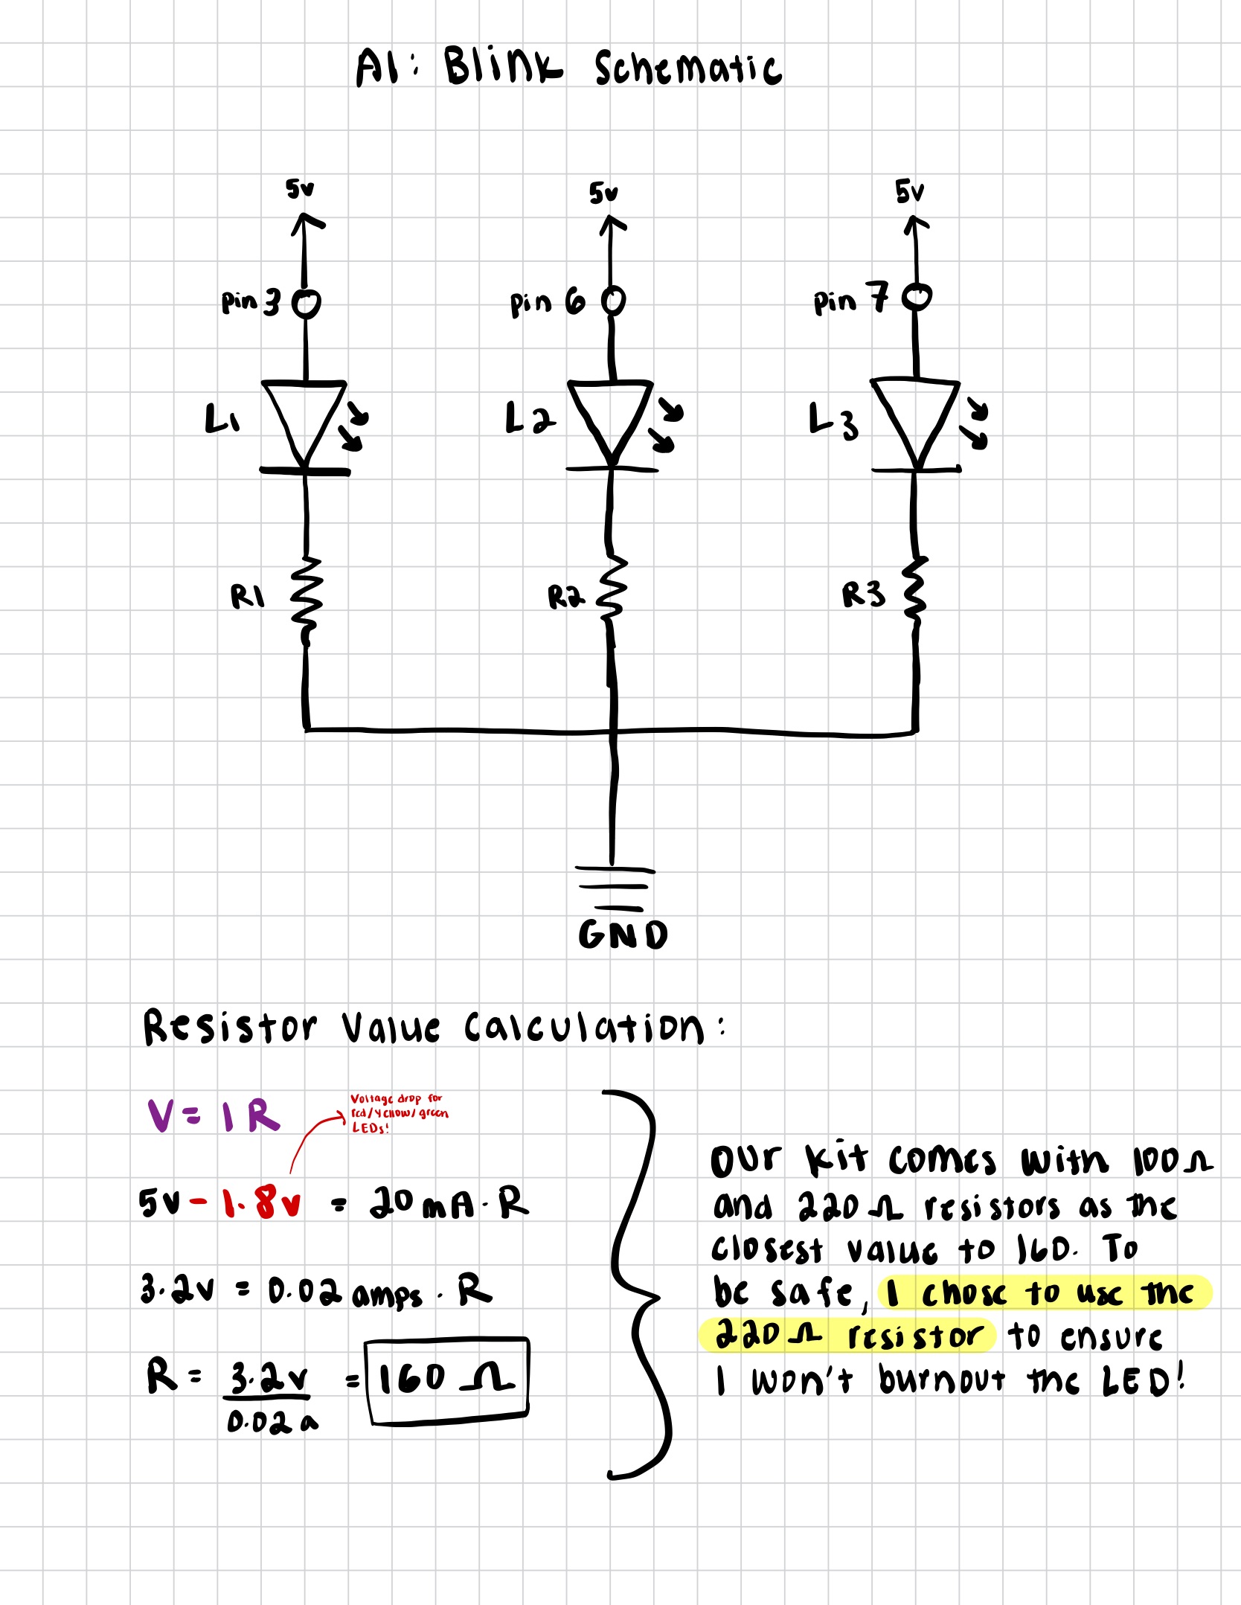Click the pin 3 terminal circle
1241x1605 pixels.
pos(305,303)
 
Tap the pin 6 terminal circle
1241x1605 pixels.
pos(613,301)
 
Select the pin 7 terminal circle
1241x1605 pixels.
pos(917,298)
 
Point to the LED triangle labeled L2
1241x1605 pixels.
pos(610,417)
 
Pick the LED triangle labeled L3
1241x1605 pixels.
pos(916,417)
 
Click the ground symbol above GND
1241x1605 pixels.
pos(614,888)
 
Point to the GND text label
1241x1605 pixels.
pos(623,935)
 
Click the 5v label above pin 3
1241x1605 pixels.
pos(300,190)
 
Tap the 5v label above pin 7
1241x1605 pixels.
pos(909,192)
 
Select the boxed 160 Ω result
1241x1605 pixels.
pos(446,1380)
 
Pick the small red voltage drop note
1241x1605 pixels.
pos(399,1113)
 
